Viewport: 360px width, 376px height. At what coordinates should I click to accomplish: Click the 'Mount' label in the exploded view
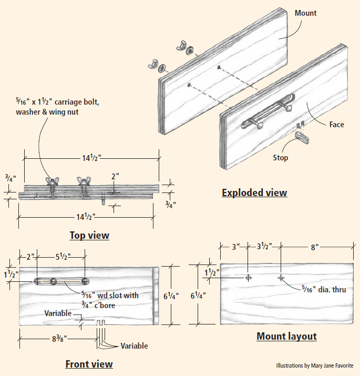pos(305,13)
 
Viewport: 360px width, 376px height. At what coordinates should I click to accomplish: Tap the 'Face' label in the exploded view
pos(337,125)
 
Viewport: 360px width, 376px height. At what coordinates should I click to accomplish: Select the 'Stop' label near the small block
pos(280,157)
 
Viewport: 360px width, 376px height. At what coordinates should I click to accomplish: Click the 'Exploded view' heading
pos(254,192)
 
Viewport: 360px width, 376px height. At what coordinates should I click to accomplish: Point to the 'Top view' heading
pos(89,235)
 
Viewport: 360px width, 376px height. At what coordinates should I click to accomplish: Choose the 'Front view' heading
pos(89,364)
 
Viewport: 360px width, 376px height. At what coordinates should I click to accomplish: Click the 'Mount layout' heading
pos(286,336)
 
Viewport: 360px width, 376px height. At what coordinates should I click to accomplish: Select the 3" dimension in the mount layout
pos(236,246)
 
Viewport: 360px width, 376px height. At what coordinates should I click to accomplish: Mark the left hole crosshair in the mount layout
pos(248,277)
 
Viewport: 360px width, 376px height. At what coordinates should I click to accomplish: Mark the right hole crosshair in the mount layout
pos(281,277)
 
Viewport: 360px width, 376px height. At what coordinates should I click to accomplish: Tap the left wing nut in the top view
pos(52,182)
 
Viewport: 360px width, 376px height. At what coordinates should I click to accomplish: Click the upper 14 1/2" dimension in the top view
pos(90,157)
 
